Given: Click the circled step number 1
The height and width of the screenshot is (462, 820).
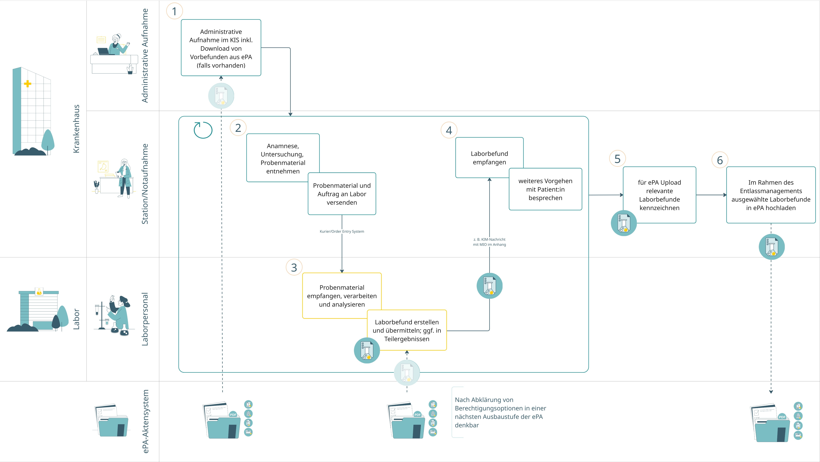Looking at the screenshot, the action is click(175, 11).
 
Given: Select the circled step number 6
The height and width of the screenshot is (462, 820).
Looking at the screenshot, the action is click(720, 160).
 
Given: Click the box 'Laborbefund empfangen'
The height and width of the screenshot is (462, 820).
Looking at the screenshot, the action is click(489, 158).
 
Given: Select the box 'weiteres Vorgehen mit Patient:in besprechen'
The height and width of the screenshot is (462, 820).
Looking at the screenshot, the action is click(545, 189).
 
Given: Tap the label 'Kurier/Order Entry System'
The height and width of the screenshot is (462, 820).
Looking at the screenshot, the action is click(342, 231).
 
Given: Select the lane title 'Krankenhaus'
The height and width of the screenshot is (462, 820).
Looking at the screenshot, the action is click(76, 129).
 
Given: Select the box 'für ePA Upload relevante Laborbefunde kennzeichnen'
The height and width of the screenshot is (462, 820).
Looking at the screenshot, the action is click(659, 195).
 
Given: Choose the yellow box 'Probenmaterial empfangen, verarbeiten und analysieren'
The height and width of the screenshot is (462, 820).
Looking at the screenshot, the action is click(342, 296).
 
